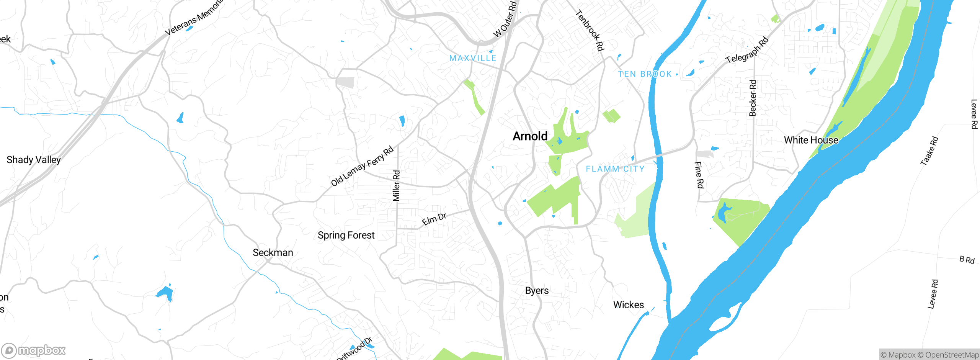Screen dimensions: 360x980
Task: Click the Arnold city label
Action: pyautogui.click(x=530, y=136)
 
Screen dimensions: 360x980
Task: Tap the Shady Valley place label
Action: pyautogui.click(x=34, y=160)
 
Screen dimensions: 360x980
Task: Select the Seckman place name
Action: pyautogui.click(x=273, y=253)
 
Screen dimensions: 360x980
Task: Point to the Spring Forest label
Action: pyautogui.click(x=346, y=235)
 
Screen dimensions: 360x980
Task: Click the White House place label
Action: pyautogui.click(x=811, y=140)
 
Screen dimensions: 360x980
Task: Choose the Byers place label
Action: pyautogui.click(x=537, y=291)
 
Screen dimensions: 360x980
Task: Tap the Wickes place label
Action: pyautogui.click(x=628, y=305)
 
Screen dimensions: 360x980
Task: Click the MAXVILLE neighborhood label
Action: pyautogui.click(x=473, y=58)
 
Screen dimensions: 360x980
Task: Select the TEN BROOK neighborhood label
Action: pyautogui.click(x=645, y=74)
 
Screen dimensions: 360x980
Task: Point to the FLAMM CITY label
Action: pyautogui.click(x=615, y=169)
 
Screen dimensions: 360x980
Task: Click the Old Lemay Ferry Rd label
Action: pyautogui.click(x=362, y=166)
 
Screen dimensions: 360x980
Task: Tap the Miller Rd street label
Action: pyautogui.click(x=396, y=186)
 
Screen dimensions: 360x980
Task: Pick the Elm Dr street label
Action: pyautogui.click(x=434, y=219)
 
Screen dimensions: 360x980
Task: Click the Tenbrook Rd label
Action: pyautogui.click(x=590, y=31)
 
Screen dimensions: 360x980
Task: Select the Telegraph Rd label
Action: pyautogui.click(x=747, y=50)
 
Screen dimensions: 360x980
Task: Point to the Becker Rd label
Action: pyautogui.click(x=753, y=98)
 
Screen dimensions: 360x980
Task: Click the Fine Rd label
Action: pyautogui.click(x=699, y=175)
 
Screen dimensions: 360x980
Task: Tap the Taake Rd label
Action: pyautogui.click(x=929, y=151)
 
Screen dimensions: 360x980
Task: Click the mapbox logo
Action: pyautogui.click(x=34, y=350)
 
